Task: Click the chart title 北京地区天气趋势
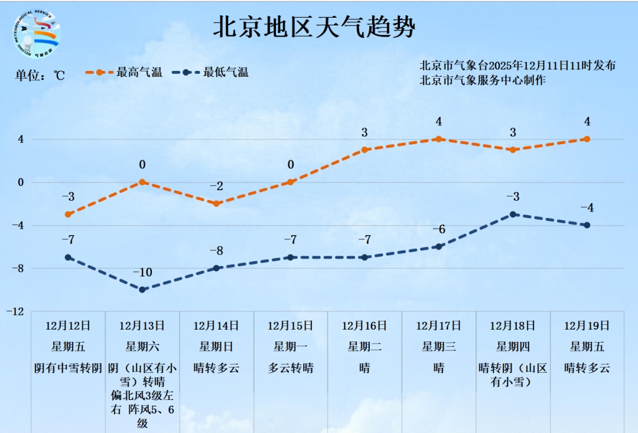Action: pos(314,27)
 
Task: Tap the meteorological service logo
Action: pos(37,34)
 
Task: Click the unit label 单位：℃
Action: pos(40,75)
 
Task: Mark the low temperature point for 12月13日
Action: pos(142,289)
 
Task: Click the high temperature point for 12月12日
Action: pos(69,214)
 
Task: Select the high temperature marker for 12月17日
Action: pos(439,139)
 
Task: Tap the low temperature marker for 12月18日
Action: pos(513,214)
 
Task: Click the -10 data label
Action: pos(142,272)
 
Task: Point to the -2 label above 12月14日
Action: pos(216,187)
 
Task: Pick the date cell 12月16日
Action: pos(364,325)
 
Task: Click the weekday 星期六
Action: pos(142,347)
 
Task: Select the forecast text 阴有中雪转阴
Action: pos(69,368)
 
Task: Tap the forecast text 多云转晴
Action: pos(291,368)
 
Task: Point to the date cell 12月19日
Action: pos(587,325)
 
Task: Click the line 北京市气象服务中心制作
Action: pos(483,80)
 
